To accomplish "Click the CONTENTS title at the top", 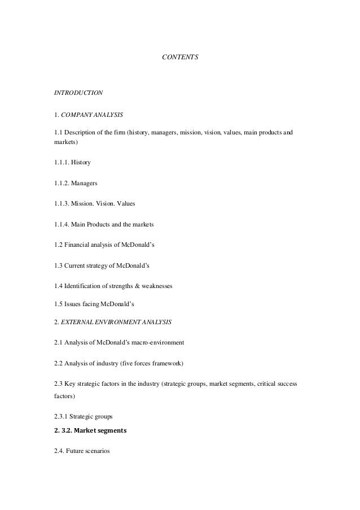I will point(180,57).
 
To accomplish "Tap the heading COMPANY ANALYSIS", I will point(91,115).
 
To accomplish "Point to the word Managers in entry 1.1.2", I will point(85,183).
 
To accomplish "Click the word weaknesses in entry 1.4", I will point(155,286).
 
